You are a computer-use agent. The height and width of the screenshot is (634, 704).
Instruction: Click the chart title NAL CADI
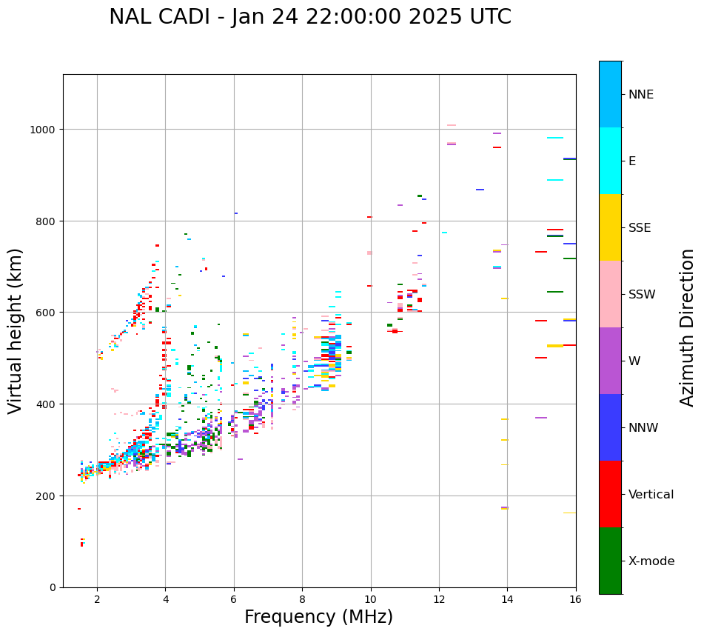[309, 17]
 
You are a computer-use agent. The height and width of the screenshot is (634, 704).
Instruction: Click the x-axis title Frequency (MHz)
[318, 617]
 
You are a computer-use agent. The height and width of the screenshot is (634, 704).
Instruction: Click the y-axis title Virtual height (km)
[16, 331]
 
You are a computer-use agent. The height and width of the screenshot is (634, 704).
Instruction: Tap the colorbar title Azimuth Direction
[688, 327]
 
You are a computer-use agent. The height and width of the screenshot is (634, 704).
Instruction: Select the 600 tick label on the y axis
[47, 313]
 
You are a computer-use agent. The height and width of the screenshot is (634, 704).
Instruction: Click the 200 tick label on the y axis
[47, 495]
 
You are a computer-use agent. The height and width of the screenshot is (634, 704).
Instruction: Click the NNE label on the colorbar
[641, 95]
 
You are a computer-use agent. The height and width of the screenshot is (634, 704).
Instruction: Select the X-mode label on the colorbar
[651, 561]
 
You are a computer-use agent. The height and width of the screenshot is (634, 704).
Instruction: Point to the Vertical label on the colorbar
[651, 495]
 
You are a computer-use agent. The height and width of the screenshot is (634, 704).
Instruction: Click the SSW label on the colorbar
[642, 295]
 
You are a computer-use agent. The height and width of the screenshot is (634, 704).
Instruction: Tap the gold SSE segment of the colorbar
[610, 227]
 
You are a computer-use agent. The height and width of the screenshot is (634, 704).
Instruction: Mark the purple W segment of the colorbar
[610, 361]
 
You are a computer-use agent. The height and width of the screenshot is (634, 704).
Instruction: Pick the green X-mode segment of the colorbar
[610, 561]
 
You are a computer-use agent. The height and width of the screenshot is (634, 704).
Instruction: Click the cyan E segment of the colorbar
[610, 161]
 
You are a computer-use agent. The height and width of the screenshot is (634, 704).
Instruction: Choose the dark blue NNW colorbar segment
[610, 427]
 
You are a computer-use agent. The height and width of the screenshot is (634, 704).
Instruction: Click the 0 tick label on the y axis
[52, 587]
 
